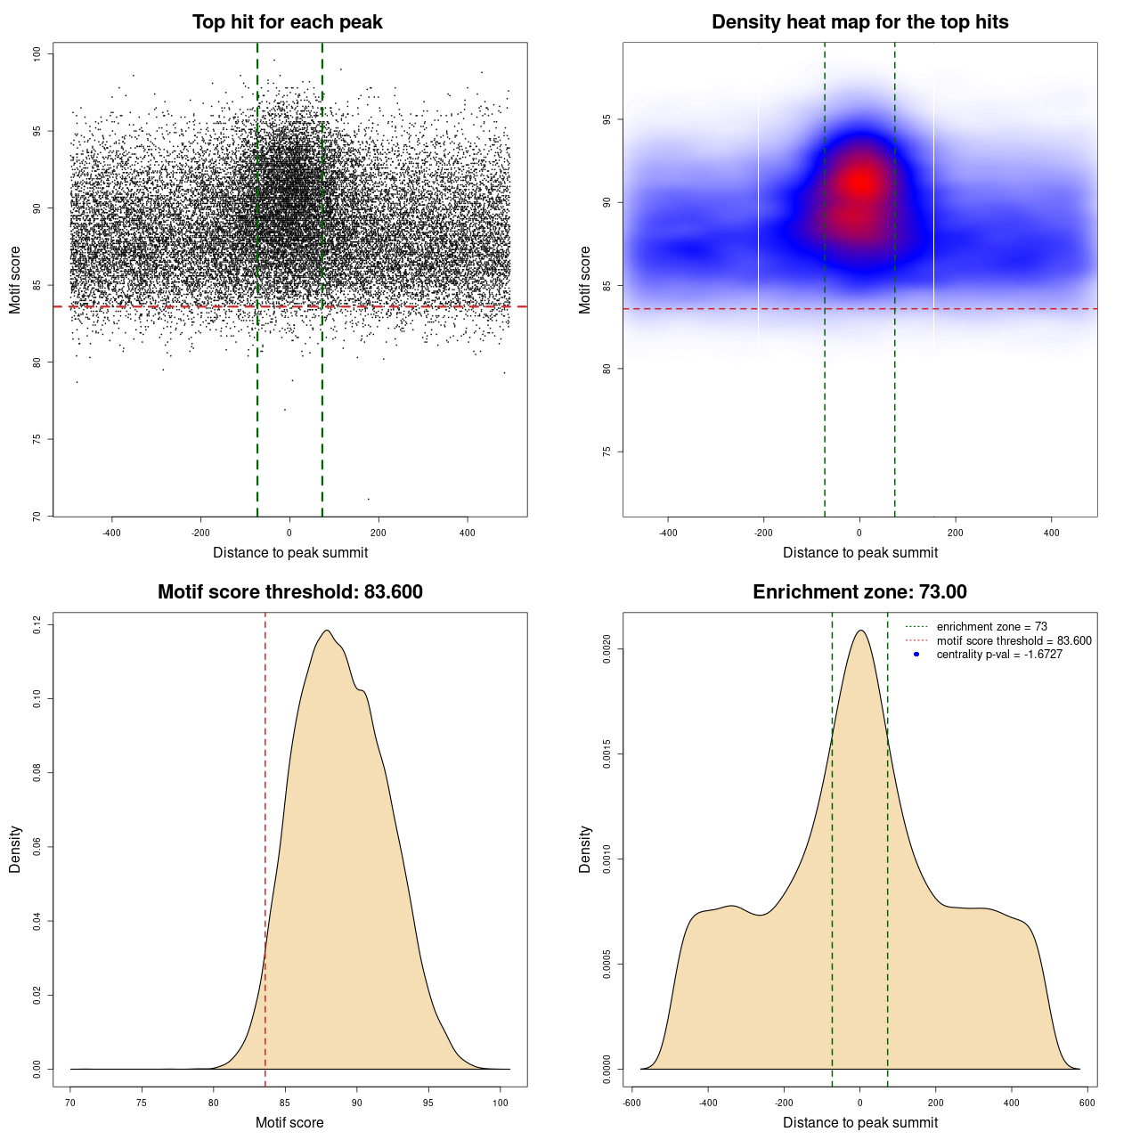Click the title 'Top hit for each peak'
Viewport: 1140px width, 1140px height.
(287, 22)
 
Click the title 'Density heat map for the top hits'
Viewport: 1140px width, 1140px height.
(859, 22)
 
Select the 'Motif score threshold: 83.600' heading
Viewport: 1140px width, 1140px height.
(289, 592)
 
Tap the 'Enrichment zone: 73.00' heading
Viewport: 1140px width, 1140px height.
(859, 592)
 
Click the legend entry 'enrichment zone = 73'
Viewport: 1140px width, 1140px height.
(991, 627)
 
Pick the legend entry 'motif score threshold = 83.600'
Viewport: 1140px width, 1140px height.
(1014, 640)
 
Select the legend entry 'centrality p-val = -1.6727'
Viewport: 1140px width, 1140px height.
(999, 655)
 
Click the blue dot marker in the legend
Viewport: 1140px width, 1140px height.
(916, 655)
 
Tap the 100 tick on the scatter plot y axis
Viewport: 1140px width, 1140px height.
(37, 54)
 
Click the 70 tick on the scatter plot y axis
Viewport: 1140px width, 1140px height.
(37, 516)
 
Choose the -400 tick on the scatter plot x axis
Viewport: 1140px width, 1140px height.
(111, 533)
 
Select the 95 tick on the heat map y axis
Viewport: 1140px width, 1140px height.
(607, 119)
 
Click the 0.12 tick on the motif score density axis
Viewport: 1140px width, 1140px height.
(37, 625)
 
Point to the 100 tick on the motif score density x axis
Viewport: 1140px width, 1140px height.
(501, 1103)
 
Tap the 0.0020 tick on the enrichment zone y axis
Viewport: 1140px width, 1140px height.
(607, 649)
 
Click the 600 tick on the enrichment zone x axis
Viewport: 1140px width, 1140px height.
(1087, 1103)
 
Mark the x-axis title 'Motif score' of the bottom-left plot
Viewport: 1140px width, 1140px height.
(289, 1122)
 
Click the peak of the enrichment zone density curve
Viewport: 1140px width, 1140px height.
(860, 631)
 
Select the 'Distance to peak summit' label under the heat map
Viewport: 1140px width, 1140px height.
(860, 552)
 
